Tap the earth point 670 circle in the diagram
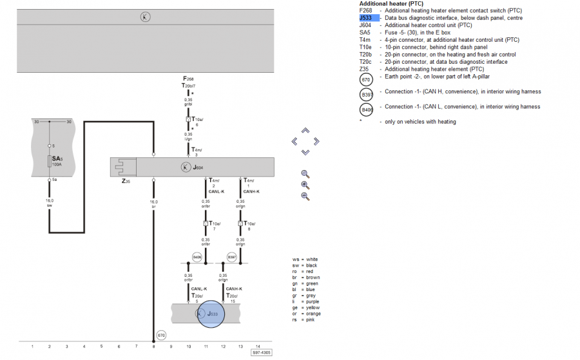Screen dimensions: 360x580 (161, 336)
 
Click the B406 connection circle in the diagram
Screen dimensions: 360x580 (197, 258)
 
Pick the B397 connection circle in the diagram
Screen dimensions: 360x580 (232, 258)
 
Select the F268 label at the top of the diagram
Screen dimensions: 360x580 (188, 79)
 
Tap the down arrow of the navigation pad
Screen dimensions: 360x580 (305, 152)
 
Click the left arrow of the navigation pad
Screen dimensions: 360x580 (295, 141)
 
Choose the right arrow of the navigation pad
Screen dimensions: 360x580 (316, 141)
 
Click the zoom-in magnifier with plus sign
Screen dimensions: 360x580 (305, 185)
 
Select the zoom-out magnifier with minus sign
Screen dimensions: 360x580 (305, 196)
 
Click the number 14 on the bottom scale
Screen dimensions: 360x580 (258, 346)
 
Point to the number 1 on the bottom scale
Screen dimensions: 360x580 (32, 346)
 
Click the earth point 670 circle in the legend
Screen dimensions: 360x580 (367, 80)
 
